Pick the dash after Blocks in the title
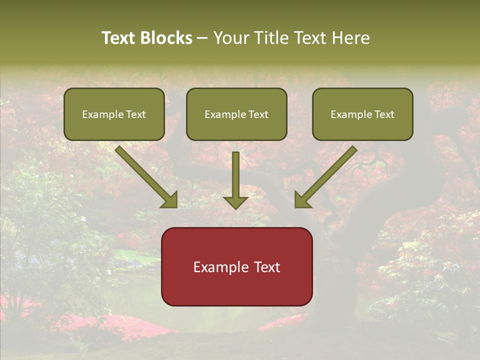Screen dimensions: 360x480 [202, 38]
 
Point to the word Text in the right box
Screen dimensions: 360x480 [384, 114]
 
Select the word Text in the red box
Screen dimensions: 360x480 [268, 267]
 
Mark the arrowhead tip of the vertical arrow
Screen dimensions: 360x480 [235, 208]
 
